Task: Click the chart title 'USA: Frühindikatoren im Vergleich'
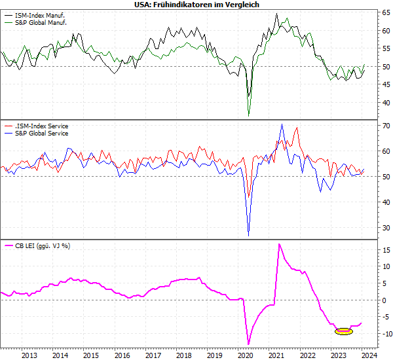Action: pyautogui.click(x=196, y=5)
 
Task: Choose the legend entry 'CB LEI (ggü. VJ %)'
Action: pyautogui.click(x=42, y=246)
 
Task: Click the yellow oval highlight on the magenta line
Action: pyautogui.click(x=343, y=331)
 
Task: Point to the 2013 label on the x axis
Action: pyautogui.click(x=29, y=355)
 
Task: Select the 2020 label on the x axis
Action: pyautogui.click(x=246, y=355)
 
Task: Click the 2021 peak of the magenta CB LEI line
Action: pyautogui.click(x=280, y=244)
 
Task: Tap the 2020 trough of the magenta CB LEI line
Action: pyautogui.click(x=248, y=344)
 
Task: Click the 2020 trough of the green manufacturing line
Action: pyautogui.click(x=248, y=116)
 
